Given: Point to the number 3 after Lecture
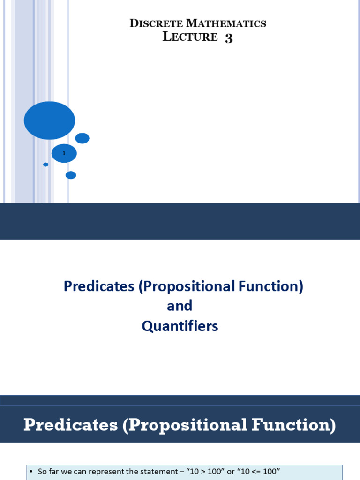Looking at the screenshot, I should pyautogui.click(x=229, y=38).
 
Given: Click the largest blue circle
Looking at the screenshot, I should pyautogui.click(x=49, y=120).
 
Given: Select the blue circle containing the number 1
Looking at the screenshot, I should pyautogui.click(x=64, y=153).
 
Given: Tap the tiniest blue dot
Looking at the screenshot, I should pyautogui.click(x=45, y=165).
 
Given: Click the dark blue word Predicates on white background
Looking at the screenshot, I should pyautogui.click(x=99, y=286).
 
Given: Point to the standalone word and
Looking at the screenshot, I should pyautogui.click(x=180, y=306).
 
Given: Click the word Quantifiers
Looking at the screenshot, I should pyautogui.click(x=180, y=326).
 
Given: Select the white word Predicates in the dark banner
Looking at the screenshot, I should pyautogui.click(x=71, y=425).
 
